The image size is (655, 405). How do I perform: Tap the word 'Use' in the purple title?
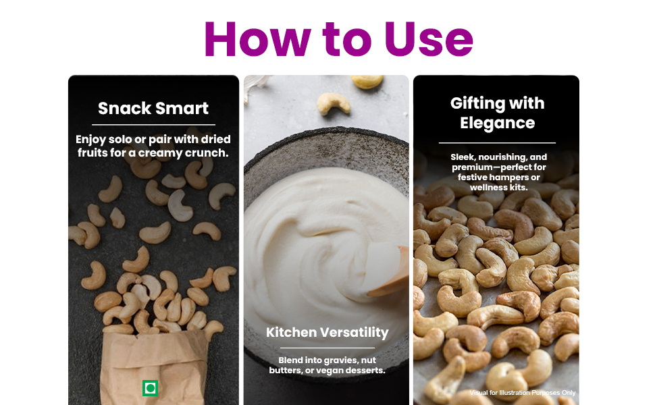pos(429,39)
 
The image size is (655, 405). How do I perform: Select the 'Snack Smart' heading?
pos(153,109)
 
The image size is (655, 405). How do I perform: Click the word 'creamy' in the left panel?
pos(160,153)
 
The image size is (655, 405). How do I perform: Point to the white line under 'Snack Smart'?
pos(153,124)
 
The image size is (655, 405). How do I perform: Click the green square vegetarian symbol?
pos(150,388)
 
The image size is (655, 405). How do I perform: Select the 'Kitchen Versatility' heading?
pos(327,332)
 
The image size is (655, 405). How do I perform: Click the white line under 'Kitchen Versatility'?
pos(327,348)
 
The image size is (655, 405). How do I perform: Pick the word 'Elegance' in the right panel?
pos(497,123)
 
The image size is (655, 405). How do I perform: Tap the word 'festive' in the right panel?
pos(472,178)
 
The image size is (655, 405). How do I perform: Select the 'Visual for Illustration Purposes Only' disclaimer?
pos(522,392)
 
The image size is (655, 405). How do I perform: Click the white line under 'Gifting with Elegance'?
pos(497,143)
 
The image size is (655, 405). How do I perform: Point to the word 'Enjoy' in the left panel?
pos(90,140)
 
